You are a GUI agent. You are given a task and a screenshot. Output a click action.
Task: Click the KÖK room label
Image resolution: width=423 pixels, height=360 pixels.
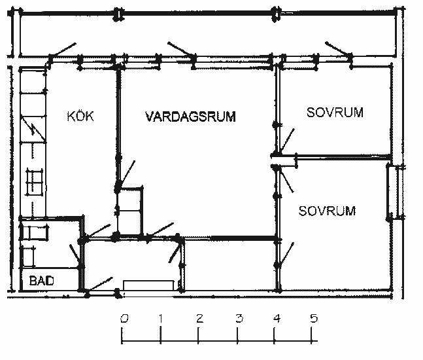[x=80, y=116]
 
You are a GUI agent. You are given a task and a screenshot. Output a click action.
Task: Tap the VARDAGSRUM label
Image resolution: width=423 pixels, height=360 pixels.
[x=190, y=117]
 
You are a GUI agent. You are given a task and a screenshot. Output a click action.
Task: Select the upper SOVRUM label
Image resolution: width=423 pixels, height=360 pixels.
[x=335, y=112]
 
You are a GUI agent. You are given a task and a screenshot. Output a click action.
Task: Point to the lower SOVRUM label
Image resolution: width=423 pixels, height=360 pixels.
[x=327, y=211]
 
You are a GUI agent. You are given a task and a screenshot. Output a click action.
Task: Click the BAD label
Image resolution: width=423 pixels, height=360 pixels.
[x=42, y=281]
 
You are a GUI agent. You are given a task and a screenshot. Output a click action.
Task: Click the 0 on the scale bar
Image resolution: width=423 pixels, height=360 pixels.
[x=124, y=319]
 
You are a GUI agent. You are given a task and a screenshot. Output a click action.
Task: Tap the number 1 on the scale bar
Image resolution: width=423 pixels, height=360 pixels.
[x=161, y=319]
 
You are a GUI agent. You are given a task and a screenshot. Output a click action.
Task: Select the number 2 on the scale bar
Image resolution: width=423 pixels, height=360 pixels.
[x=199, y=319]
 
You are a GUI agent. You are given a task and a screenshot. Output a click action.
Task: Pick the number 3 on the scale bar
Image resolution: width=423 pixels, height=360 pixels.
[x=239, y=319]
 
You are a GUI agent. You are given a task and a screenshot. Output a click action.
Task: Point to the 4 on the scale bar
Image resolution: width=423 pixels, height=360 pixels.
[x=277, y=319]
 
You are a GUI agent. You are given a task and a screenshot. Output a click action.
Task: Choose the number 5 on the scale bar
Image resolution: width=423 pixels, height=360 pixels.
[x=314, y=319]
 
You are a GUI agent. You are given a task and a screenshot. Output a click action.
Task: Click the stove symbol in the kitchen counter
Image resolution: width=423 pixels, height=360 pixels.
[x=34, y=182]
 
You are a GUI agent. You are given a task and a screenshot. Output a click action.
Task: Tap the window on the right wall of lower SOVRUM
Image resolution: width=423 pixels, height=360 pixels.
[x=396, y=192]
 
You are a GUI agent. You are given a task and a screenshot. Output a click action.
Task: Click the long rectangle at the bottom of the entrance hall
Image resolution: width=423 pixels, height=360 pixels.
[x=148, y=285]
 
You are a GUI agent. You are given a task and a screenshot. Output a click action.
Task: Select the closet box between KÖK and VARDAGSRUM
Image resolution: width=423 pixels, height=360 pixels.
[x=129, y=211]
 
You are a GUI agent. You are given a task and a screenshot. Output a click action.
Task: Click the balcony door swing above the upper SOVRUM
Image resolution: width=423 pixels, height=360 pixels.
[x=338, y=49]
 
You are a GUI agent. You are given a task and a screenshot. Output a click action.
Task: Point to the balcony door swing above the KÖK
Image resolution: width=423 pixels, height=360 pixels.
[x=63, y=50]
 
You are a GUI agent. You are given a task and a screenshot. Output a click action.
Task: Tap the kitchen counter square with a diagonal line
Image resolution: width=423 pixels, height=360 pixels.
[x=33, y=129]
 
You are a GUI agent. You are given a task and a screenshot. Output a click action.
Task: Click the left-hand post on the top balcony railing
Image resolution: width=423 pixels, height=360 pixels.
[x=118, y=14]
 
